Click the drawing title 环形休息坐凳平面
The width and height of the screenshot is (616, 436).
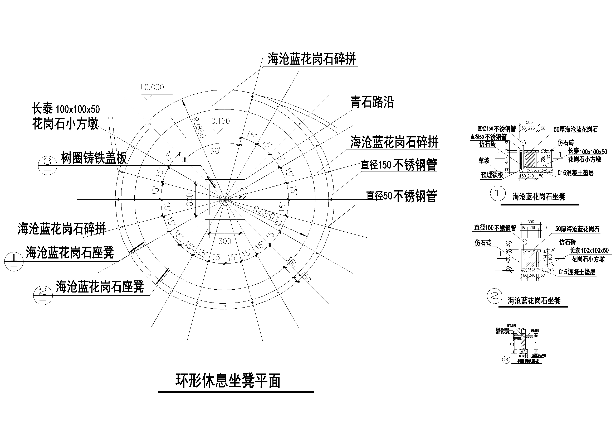[228, 380]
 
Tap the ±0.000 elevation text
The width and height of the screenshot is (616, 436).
[151, 87]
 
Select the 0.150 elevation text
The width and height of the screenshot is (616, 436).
[221, 121]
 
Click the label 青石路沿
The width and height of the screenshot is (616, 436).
[372, 102]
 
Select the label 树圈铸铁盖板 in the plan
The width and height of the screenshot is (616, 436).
[94, 158]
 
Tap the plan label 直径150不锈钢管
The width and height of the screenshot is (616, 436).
[399, 165]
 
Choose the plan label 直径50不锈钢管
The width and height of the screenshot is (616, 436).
[401, 196]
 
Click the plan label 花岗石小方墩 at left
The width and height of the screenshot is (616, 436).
[65, 124]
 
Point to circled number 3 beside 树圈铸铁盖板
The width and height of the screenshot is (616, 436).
[48, 162]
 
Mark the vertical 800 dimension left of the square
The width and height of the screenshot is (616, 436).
[189, 199]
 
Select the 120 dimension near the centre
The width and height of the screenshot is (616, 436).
[243, 191]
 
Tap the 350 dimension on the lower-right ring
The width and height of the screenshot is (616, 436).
[291, 262]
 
